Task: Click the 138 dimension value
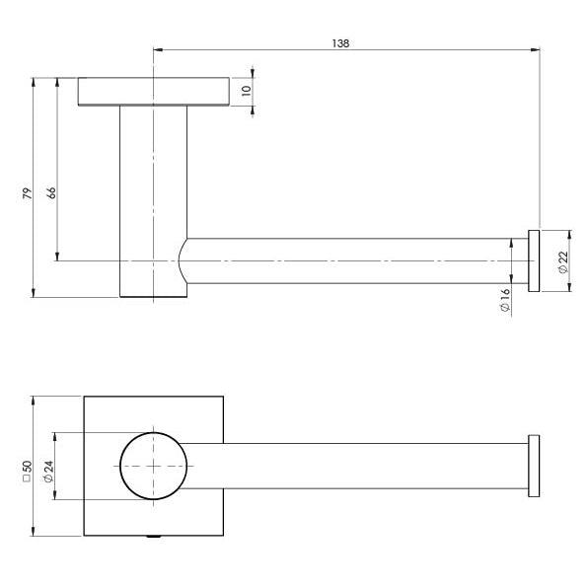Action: [x=340, y=43]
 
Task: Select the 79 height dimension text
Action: [x=27, y=193]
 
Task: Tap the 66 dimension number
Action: [x=51, y=191]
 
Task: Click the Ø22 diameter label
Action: [x=562, y=261]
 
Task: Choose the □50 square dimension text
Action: [x=27, y=467]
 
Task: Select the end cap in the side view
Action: [x=534, y=260]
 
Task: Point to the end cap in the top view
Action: [x=534, y=466]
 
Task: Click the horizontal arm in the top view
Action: [x=375, y=466]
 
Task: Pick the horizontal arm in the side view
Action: [x=355, y=260]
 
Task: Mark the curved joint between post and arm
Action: [x=184, y=262]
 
